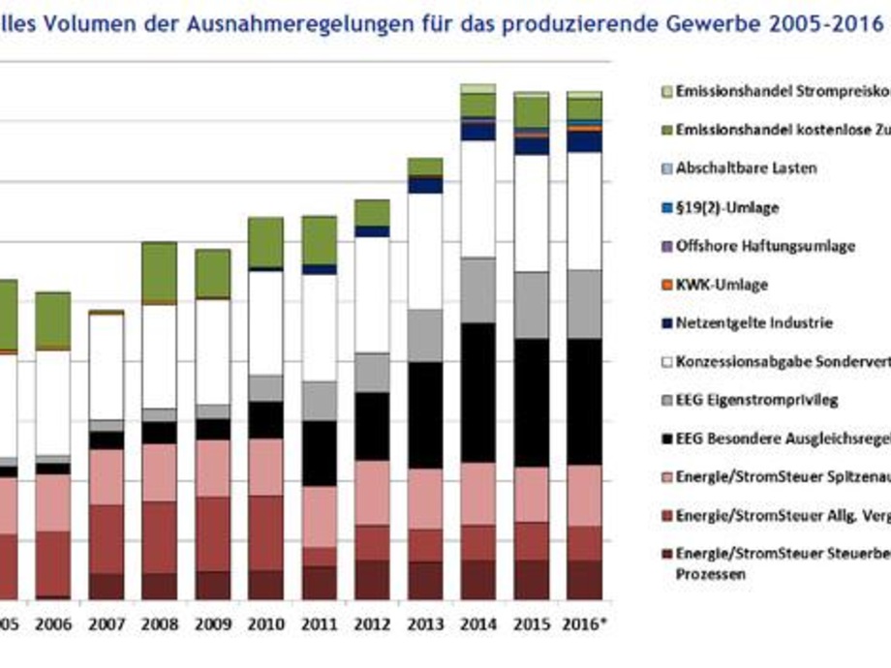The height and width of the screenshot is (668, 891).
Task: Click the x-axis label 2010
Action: [x=265, y=625]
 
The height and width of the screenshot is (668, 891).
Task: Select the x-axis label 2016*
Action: [x=585, y=625]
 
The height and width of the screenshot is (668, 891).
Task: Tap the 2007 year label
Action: [x=106, y=625]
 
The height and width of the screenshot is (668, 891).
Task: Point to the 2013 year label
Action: [x=425, y=625]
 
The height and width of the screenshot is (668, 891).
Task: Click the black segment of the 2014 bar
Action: [x=478, y=392]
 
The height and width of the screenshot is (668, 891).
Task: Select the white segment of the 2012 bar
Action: [x=372, y=294]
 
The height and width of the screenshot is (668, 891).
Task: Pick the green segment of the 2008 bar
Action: [x=159, y=271]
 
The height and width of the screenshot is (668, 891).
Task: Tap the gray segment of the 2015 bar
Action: [x=532, y=305]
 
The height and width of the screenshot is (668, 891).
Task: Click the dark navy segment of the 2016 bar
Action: [x=585, y=141]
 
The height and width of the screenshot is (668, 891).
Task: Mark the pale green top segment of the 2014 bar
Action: [x=478, y=89]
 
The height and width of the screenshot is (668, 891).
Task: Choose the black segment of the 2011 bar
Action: [x=319, y=453]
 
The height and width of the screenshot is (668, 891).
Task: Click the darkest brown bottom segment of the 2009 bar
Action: [x=212, y=585]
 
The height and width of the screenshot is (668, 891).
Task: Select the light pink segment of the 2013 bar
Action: [x=425, y=499]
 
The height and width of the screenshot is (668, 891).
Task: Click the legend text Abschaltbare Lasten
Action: [x=747, y=167]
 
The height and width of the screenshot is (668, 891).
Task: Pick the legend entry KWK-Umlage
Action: [x=722, y=285]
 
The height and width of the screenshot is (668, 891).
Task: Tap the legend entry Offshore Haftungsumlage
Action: [x=765, y=246]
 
